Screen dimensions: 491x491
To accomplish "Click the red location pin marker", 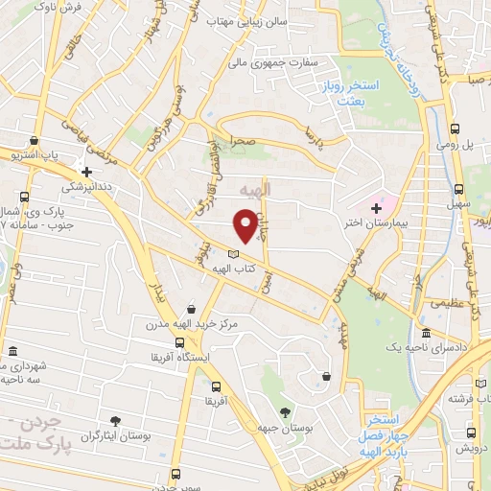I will [246, 225].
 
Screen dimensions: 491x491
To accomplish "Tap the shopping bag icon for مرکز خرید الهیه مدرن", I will [193, 310].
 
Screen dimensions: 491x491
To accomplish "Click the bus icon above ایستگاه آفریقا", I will [179, 342].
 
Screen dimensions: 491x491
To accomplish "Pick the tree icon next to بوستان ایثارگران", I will [115, 420].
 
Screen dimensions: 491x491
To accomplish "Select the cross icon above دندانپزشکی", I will [86, 171].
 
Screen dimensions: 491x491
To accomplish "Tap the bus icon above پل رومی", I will [456, 128].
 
